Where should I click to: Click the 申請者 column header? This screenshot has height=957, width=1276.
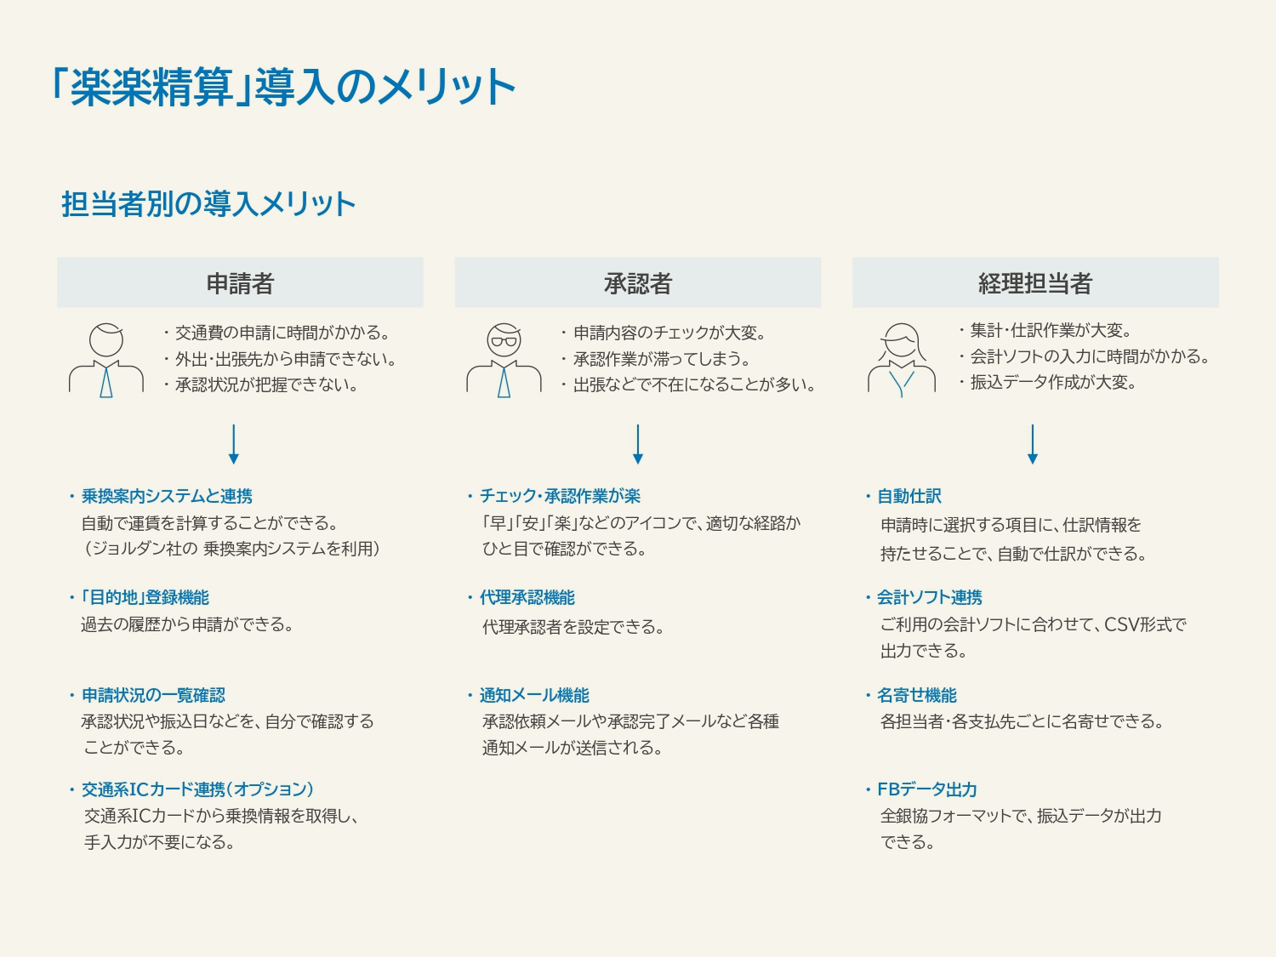[240, 283]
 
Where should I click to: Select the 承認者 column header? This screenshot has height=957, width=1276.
[638, 283]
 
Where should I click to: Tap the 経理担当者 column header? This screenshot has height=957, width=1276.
[1035, 283]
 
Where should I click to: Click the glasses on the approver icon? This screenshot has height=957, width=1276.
[504, 341]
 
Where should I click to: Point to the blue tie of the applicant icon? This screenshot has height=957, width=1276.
[105, 381]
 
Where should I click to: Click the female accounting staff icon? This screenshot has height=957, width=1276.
[902, 360]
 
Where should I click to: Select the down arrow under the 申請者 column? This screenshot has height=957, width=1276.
[234, 445]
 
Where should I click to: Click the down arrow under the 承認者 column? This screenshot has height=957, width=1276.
[638, 445]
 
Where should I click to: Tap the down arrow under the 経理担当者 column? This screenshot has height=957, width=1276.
[1033, 445]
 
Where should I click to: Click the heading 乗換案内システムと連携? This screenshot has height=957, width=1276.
[167, 496]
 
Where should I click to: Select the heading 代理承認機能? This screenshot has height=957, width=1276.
[527, 597]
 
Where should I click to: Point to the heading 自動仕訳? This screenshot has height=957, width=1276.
[909, 496]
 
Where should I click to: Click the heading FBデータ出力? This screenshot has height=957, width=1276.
[926, 789]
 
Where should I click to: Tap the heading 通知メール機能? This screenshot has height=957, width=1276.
[534, 695]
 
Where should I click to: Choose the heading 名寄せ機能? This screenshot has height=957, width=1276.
[917, 695]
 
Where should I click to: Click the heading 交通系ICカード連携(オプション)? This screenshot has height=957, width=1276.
[197, 789]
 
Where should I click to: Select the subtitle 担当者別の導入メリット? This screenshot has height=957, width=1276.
[208, 204]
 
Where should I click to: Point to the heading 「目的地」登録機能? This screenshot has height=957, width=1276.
[145, 597]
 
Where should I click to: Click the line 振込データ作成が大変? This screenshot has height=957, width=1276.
[1053, 382]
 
